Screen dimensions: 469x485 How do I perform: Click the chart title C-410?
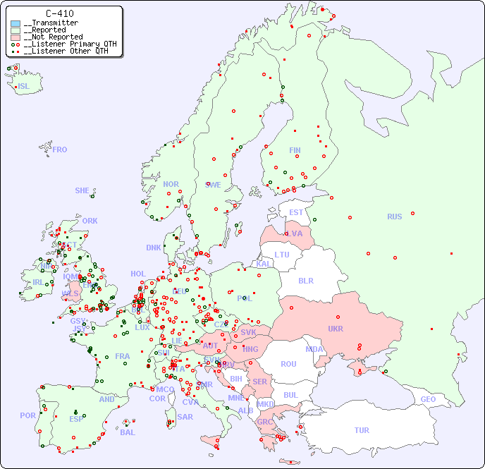click(59, 13)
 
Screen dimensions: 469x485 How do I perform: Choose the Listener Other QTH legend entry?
click(63, 51)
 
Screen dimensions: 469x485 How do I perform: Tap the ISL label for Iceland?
click(24, 87)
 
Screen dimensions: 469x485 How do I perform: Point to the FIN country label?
click(295, 150)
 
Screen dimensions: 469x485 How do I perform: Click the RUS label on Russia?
click(394, 217)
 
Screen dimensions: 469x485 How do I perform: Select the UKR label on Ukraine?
click(336, 329)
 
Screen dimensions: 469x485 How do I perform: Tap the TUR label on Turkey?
click(362, 430)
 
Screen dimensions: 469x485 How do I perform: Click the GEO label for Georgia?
click(428, 399)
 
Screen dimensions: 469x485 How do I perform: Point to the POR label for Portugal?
click(27, 415)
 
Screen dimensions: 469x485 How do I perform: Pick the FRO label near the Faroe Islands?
click(60, 150)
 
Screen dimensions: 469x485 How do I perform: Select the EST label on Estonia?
click(296, 212)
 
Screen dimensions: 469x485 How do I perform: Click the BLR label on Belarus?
click(306, 280)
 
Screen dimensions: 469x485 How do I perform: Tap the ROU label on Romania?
click(288, 364)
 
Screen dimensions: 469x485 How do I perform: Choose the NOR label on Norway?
click(171, 184)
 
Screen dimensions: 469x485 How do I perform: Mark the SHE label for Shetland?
click(82, 190)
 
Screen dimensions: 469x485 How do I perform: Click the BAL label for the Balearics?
click(128, 432)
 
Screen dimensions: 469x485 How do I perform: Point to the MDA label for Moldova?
click(314, 349)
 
